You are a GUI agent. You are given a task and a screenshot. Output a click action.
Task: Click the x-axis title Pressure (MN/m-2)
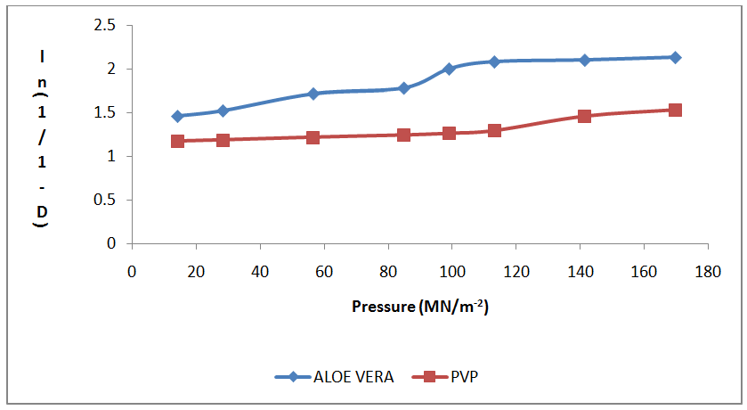click(x=421, y=307)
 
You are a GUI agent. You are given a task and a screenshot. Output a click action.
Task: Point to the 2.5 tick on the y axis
click(x=105, y=25)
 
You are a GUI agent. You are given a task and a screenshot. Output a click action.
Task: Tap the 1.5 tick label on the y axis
click(x=105, y=112)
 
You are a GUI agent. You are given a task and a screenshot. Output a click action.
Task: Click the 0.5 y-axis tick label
click(x=105, y=200)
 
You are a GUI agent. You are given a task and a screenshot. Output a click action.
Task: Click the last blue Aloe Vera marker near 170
click(x=675, y=57)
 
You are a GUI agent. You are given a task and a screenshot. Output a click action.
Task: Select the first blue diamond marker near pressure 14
click(x=177, y=116)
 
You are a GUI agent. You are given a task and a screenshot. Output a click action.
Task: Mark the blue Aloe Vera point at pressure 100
click(x=449, y=69)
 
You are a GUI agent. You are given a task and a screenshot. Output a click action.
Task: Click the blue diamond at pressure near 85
click(x=403, y=88)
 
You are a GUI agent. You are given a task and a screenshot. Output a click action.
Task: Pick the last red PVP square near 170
click(x=675, y=110)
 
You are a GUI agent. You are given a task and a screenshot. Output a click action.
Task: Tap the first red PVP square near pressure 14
click(x=177, y=141)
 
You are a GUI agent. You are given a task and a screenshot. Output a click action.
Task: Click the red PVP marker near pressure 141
click(x=584, y=116)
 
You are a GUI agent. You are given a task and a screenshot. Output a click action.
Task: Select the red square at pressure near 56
click(x=313, y=137)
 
